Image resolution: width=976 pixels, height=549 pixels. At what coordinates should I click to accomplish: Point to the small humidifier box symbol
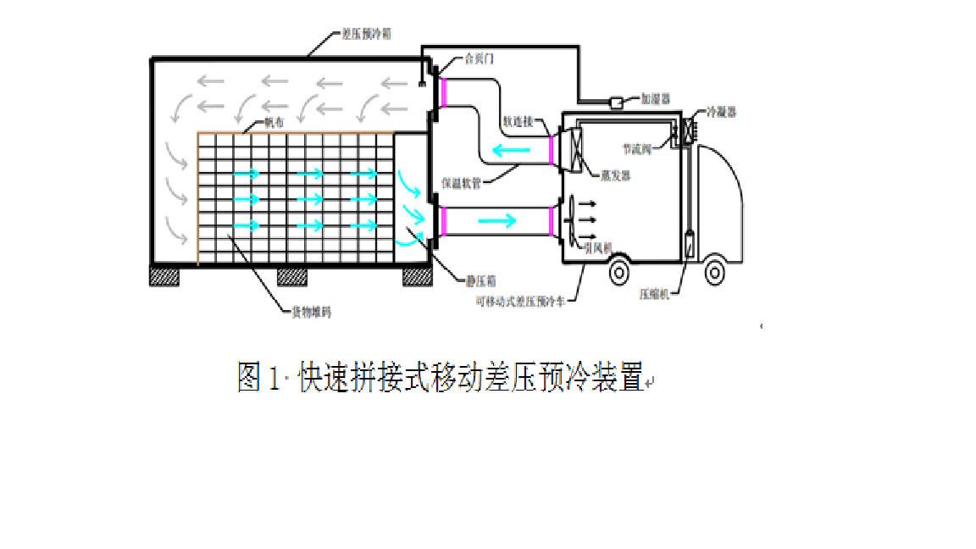click(616, 103)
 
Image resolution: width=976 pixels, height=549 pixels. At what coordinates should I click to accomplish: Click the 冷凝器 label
click(722, 112)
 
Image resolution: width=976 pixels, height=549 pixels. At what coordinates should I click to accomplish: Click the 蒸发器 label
click(615, 175)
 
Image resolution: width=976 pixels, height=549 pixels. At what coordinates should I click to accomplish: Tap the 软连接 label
click(518, 121)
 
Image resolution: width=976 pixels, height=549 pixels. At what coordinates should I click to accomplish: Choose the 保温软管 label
click(462, 182)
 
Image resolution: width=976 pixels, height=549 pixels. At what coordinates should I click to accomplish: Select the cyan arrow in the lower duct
click(496, 221)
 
